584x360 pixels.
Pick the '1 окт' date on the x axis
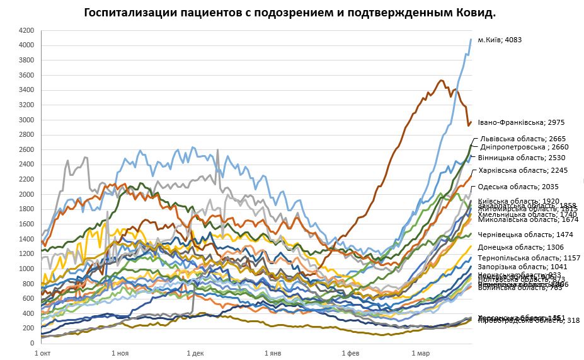click(43, 354)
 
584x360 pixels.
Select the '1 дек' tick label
click(195, 354)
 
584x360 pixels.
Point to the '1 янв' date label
click(272, 354)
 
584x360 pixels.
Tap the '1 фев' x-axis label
click(350, 354)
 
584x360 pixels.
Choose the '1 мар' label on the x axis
click(420, 354)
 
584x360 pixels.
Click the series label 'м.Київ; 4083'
click(500, 40)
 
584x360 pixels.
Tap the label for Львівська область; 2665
click(522, 139)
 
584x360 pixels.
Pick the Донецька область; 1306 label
click(520, 247)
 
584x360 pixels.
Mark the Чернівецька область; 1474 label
click(524, 235)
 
